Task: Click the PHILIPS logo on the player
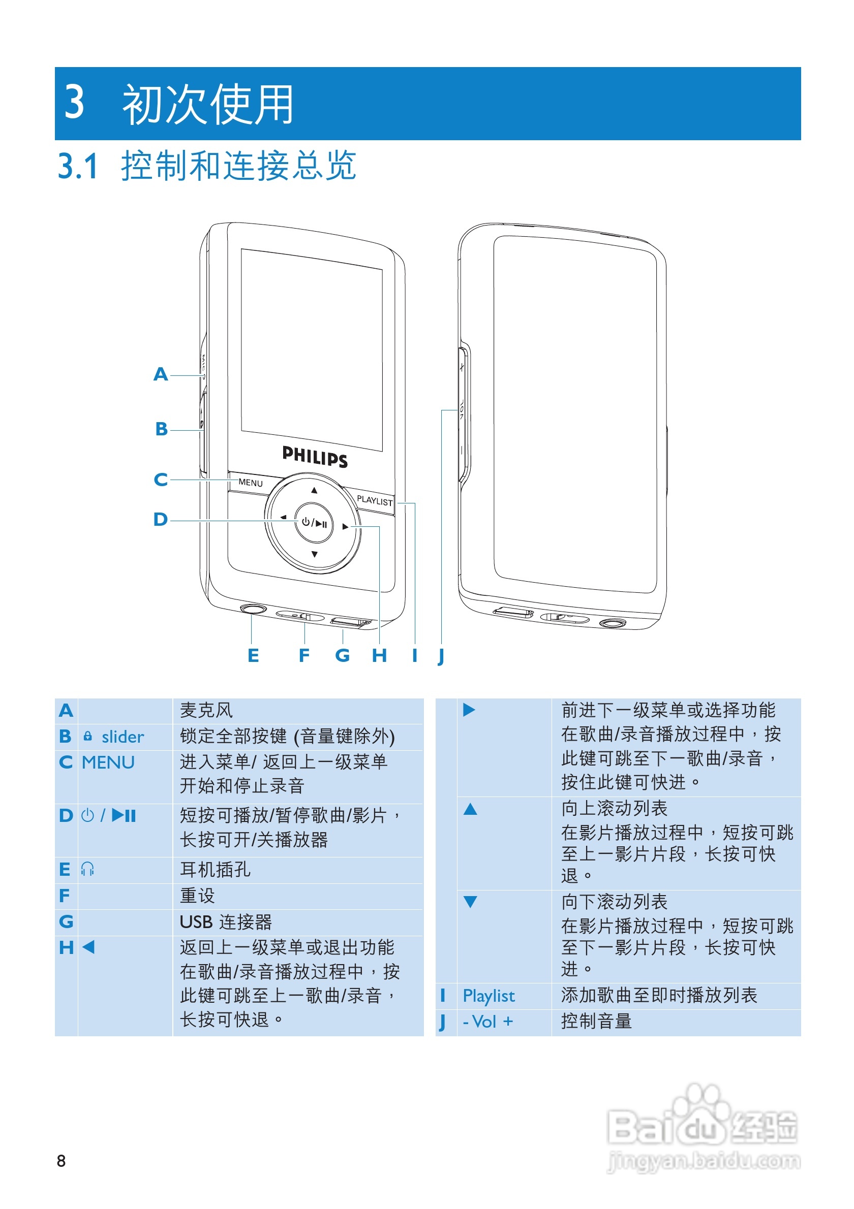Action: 315,456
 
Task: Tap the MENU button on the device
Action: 250,483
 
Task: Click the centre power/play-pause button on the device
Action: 314,523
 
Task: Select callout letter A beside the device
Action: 161,374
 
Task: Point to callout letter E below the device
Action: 253,656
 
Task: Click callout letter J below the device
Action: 441,656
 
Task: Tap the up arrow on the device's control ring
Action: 315,490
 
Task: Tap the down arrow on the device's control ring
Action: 315,554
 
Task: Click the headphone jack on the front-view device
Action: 253,609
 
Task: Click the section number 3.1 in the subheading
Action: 78,167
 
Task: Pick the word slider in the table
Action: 123,737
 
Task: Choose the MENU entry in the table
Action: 108,762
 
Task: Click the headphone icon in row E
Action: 87,869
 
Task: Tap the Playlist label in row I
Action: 489,996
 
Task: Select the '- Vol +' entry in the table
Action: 487,1022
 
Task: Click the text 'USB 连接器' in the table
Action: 226,922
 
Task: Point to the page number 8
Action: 61,1161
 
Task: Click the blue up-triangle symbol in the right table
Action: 470,809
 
